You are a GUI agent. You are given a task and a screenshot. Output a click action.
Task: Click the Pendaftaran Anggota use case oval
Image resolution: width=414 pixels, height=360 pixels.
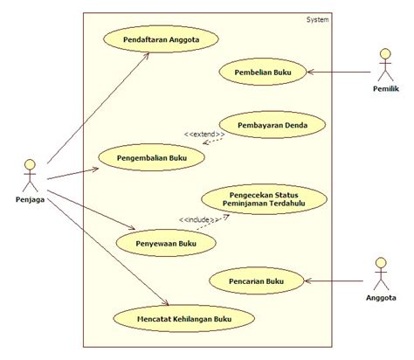(x=160, y=39)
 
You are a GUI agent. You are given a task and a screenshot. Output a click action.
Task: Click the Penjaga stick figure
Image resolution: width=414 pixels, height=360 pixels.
(x=31, y=178)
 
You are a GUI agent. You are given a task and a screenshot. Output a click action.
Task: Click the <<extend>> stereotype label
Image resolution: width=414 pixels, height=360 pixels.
(x=203, y=134)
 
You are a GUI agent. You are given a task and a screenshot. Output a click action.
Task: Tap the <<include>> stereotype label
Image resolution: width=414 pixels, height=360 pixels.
(x=197, y=218)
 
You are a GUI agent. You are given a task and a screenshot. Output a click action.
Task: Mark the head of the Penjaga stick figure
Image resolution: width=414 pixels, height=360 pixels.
(x=31, y=164)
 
